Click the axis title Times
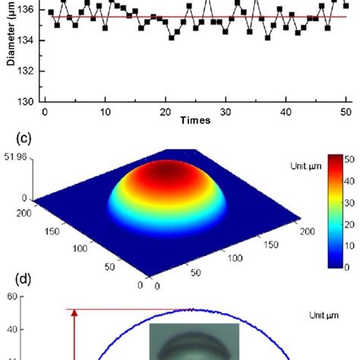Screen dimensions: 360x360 click(x=195, y=121)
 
